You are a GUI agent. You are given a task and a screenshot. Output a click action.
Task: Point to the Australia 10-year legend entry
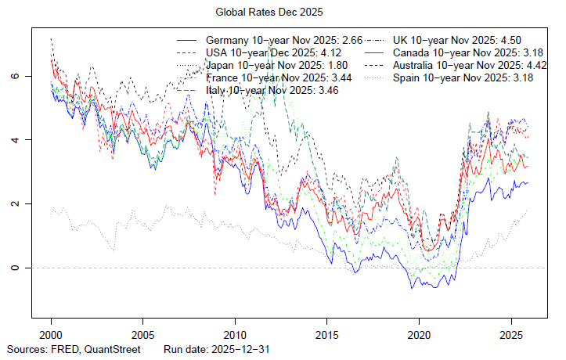[470, 66]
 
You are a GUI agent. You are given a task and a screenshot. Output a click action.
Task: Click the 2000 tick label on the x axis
[51, 333]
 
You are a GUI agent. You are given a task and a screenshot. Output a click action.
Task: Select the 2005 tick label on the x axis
[142, 333]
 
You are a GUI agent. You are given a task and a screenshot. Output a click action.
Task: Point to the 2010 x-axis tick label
[235, 333]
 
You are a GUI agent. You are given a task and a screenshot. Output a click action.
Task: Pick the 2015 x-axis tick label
[326, 333]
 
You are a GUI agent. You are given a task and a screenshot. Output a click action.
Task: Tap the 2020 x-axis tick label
[419, 333]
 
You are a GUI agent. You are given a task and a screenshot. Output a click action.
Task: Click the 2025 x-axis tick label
[510, 333]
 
